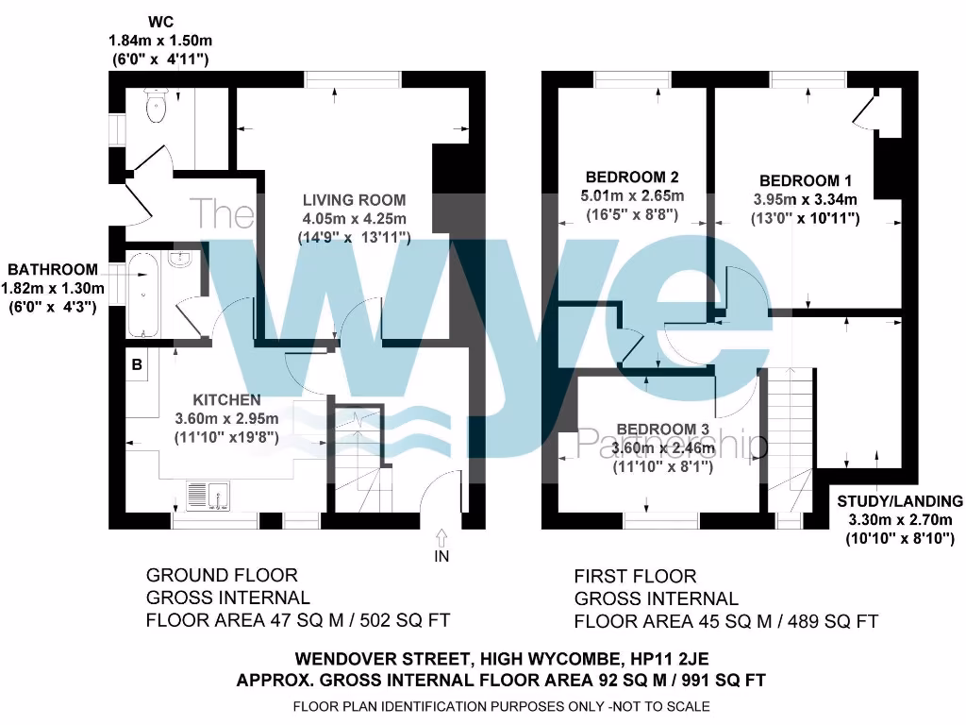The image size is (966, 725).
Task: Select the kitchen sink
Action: point(208,495)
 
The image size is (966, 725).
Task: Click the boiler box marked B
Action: point(137,364)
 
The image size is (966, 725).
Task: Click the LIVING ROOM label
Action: point(354,200)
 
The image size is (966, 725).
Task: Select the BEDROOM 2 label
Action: point(632,177)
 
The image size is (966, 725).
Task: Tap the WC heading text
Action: point(160,21)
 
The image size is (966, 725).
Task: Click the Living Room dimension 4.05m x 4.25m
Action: point(354,219)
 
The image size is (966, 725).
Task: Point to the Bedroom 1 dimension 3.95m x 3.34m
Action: point(805,199)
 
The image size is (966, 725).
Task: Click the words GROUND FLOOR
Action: point(222,575)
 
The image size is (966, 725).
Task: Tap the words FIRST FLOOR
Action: point(635,575)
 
